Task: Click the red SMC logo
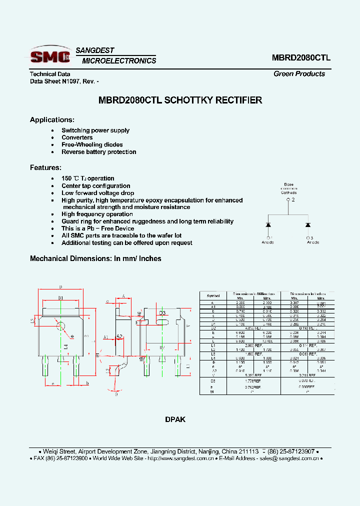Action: pyautogui.click(x=49, y=56)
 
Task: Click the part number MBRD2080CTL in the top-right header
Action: pyautogui.click(x=301, y=57)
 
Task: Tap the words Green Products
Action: pyautogui.click(x=299, y=74)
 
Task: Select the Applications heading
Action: pyautogui.click(x=52, y=120)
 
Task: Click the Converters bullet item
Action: pyautogui.click(x=77, y=137)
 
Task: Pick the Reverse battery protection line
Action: pyautogui.click(x=98, y=152)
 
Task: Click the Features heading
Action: pyautogui.click(x=45, y=168)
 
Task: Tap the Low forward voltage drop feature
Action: pyautogui.click(x=97, y=193)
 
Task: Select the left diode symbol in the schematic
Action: pyautogui.click(x=268, y=224)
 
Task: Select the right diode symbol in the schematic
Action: pyautogui.click(x=308, y=224)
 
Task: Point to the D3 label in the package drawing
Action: pyautogui.click(x=162, y=313)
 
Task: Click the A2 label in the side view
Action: pyautogui.click(x=119, y=336)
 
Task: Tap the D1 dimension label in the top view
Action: pyautogui.click(x=60, y=298)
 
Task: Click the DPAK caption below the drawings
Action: pyautogui.click(x=175, y=419)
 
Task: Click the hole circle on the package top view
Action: pyautogui.click(x=60, y=326)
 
